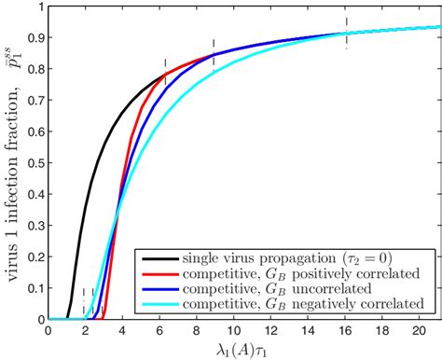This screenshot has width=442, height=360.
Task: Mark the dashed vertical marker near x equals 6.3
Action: (165, 73)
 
